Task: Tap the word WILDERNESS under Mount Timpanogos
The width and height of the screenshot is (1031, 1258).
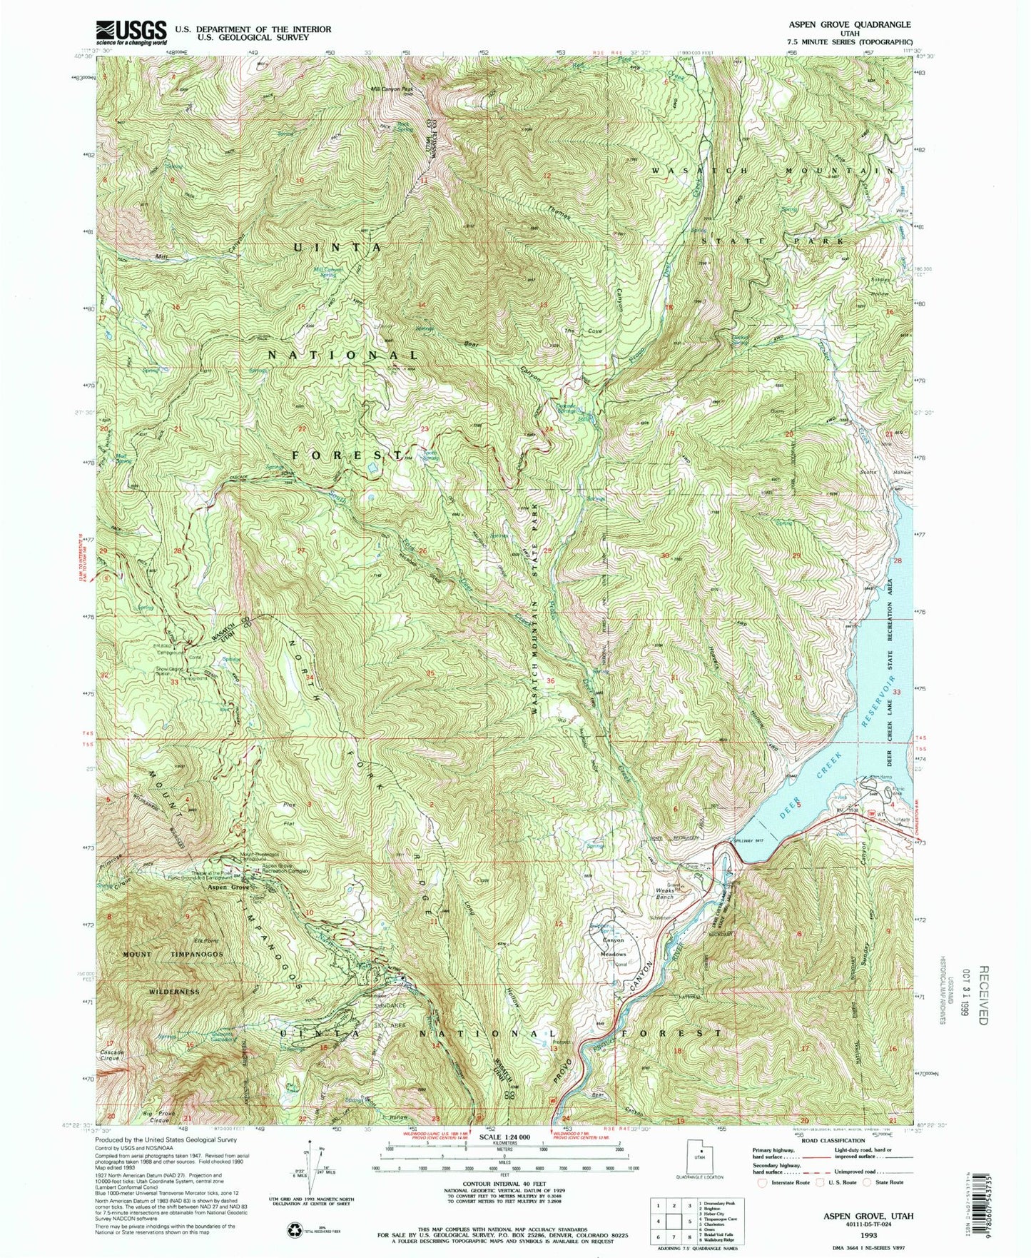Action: coord(174,992)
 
